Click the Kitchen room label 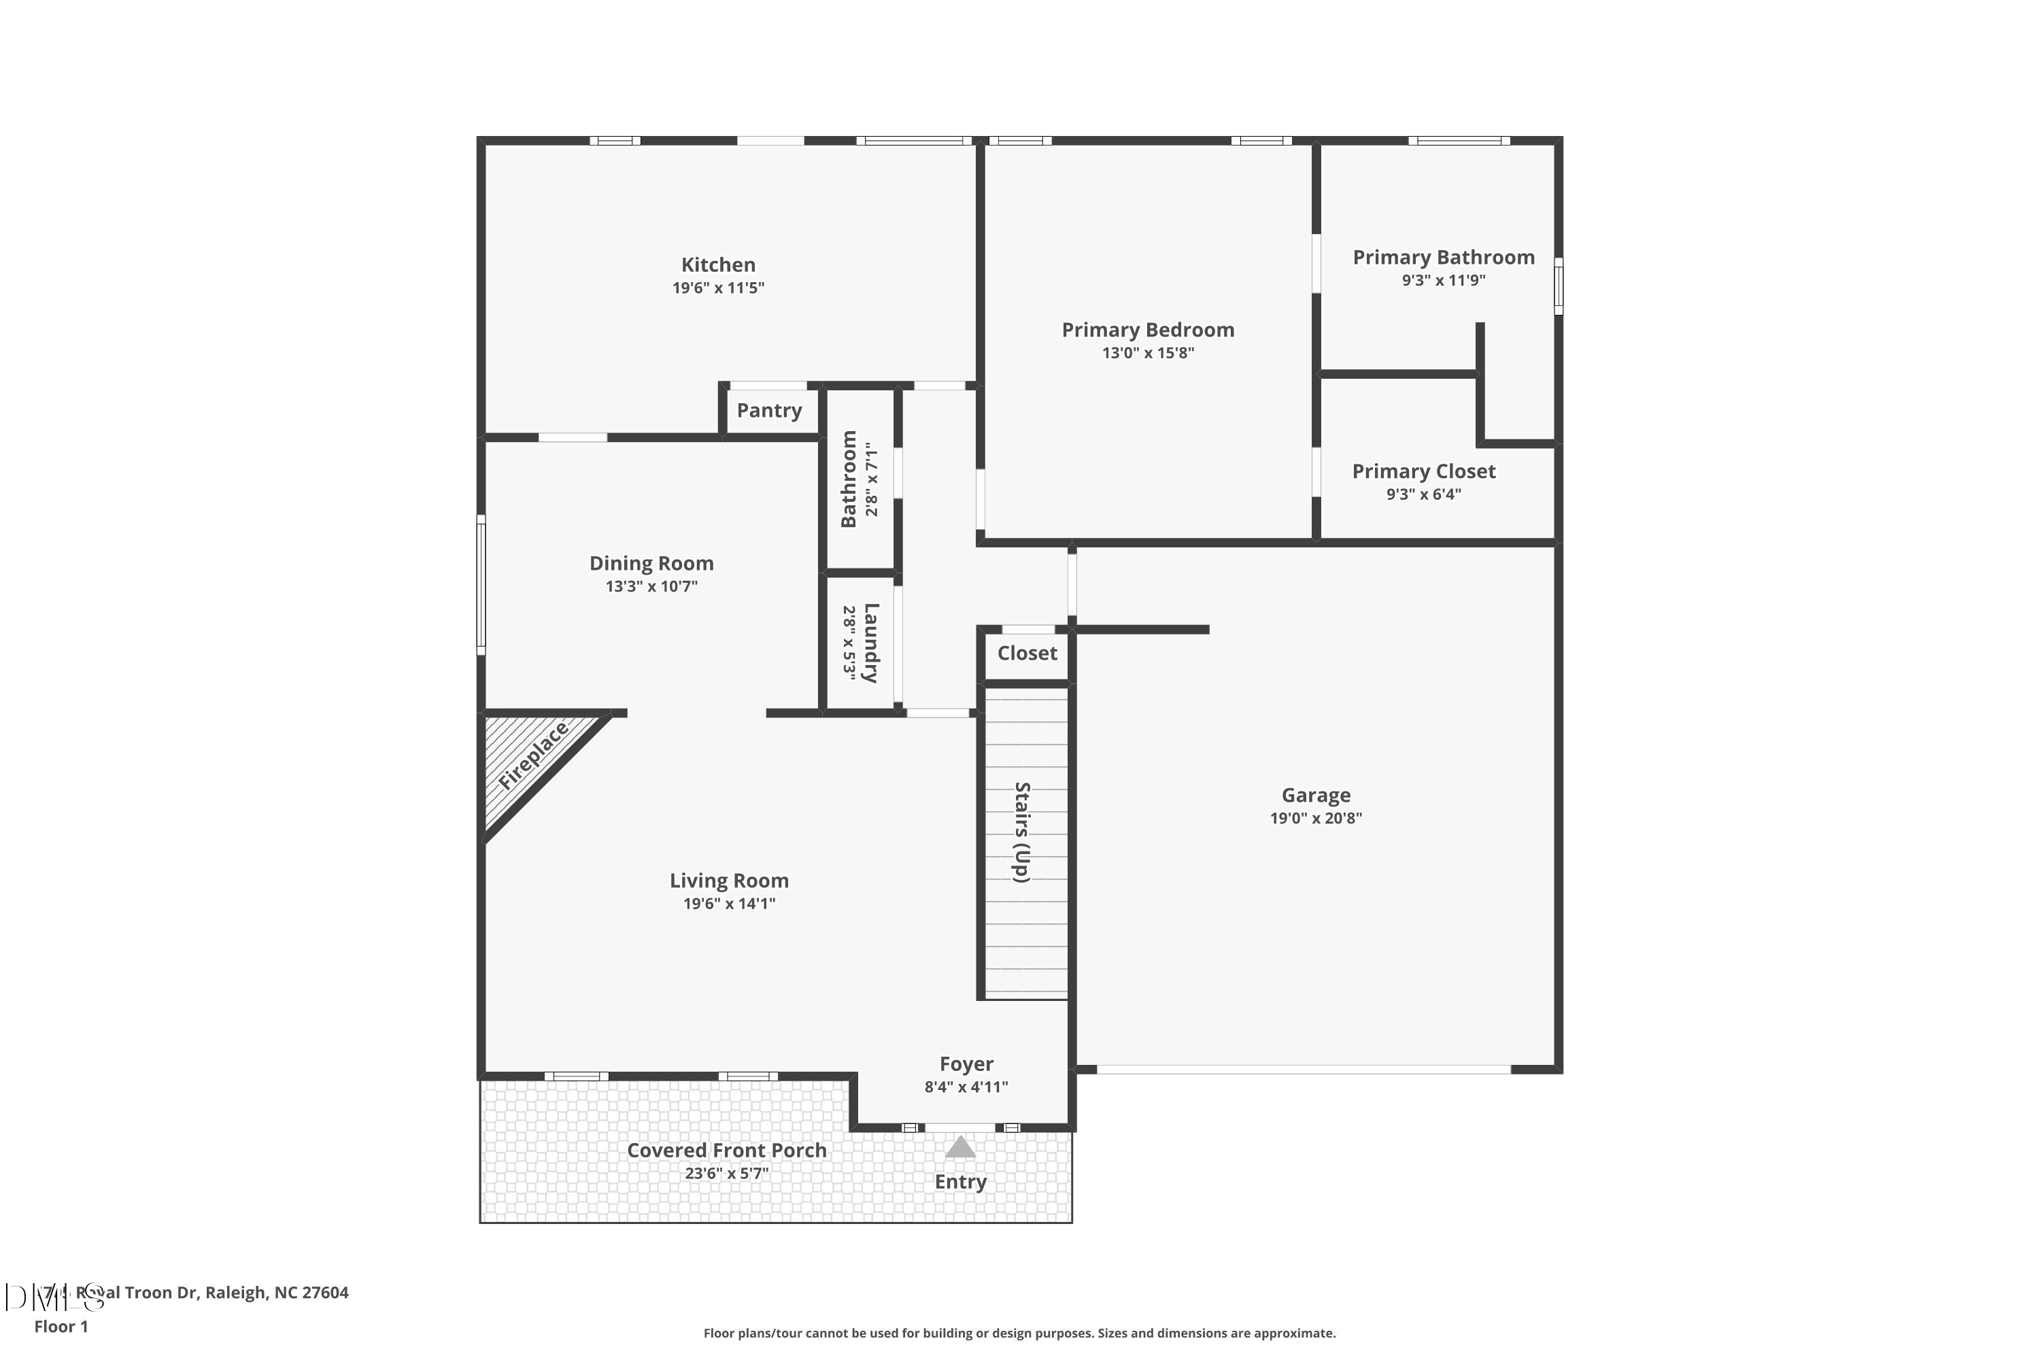pyautogui.click(x=717, y=265)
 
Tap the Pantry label pyautogui.click(x=768, y=410)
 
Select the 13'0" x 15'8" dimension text pyautogui.click(x=1148, y=353)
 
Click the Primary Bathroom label pyautogui.click(x=1443, y=258)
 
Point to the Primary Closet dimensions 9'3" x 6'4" pyautogui.click(x=1423, y=494)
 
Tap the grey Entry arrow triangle pyautogui.click(x=960, y=1149)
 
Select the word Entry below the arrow pyautogui.click(x=960, y=1183)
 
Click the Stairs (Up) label pyautogui.click(x=1023, y=832)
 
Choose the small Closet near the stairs pyautogui.click(x=1027, y=653)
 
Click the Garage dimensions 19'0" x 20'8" pyautogui.click(x=1316, y=818)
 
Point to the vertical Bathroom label pyautogui.click(x=848, y=479)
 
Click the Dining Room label pyautogui.click(x=651, y=564)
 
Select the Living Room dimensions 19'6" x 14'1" pyautogui.click(x=728, y=904)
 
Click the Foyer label pyautogui.click(x=966, y=1064)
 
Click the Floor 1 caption pyautogui.click(x=61, y=1326)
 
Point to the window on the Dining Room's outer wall pyautogui.click(x=481, y=583)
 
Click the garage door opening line pyautogui.click(x=1303, y=1070)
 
